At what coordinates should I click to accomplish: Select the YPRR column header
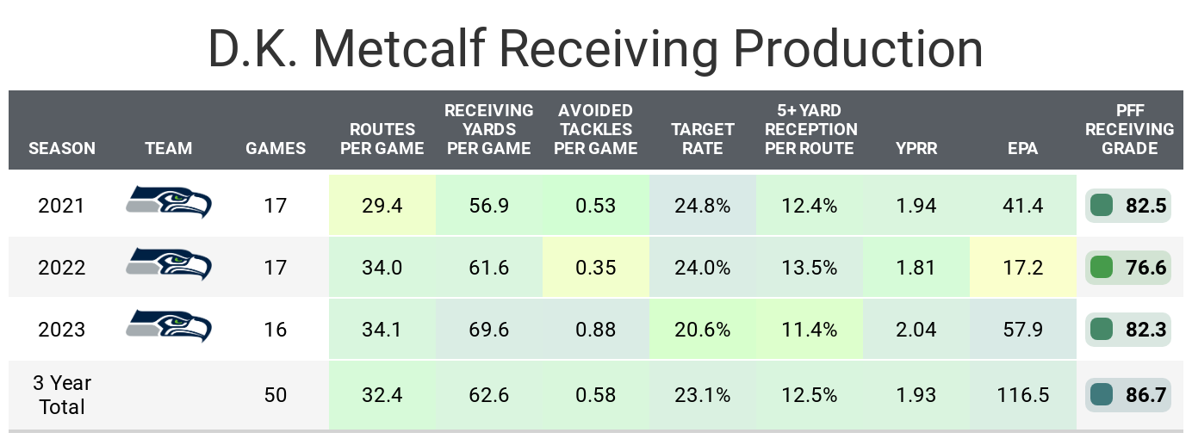pyautogui.click(x=916, y=148)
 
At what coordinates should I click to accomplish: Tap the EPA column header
pyautogui.click(x=1022, y=148)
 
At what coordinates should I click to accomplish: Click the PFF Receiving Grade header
pyautogui.click(x=1129, y=129)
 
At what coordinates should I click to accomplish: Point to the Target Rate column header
pyautogui.click(x=703, y=139)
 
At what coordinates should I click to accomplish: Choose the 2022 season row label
pyautogui.click(x=62, y=268)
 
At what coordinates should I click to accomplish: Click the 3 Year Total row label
pyautogui.click(x=62, y=395)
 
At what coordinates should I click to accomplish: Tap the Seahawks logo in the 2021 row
pyautogui.click(x=169, y=203)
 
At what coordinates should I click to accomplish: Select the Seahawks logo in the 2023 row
pyautogui.click(x=169, y=327)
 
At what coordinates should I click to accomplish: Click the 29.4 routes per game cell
pyautogui.click(x=382, y=206)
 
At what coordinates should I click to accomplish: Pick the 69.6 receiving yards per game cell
pyautogui.click(x=488, y=330)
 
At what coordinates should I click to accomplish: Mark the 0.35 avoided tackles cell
pyautogui.click(x=596, y=268)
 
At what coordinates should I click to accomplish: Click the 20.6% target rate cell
pyautogui.click(x=703, y=330)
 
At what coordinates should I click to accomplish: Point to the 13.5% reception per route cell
pyautogui.click(x=810, y=268)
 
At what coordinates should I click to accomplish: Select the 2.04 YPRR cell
pyautogui.click(x=916, y=330)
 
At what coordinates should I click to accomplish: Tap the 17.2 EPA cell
pyautogui.click(x=1022, y=268)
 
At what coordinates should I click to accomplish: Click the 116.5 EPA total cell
pyautogui.click(x=1022, y=395)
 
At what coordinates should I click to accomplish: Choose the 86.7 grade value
pyautogui.click(x=1145, y=395)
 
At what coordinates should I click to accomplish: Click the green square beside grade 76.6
pyautogui.click(x=1101, y=268)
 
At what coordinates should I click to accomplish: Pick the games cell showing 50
pyautogui.click(x=276, y=395)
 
